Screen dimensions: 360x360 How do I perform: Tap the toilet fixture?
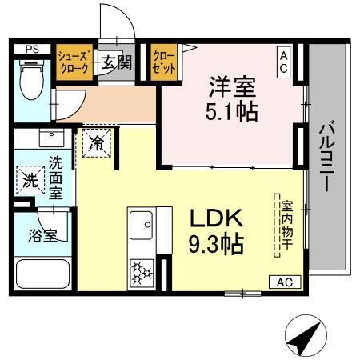[x=31, y=81]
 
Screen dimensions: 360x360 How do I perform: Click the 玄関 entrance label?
[x=116, y=62]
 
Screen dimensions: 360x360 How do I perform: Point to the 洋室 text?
[x=233, y=84]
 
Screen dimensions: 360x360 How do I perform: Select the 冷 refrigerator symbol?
[x=96, y=145]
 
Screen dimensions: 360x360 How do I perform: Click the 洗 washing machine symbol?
[x=30, y=180]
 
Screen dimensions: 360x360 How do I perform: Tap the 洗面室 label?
[x=55, y=175]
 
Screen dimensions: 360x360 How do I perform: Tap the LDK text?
[x=215, y=217]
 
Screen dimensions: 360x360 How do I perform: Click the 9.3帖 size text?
[x=215, y=242]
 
